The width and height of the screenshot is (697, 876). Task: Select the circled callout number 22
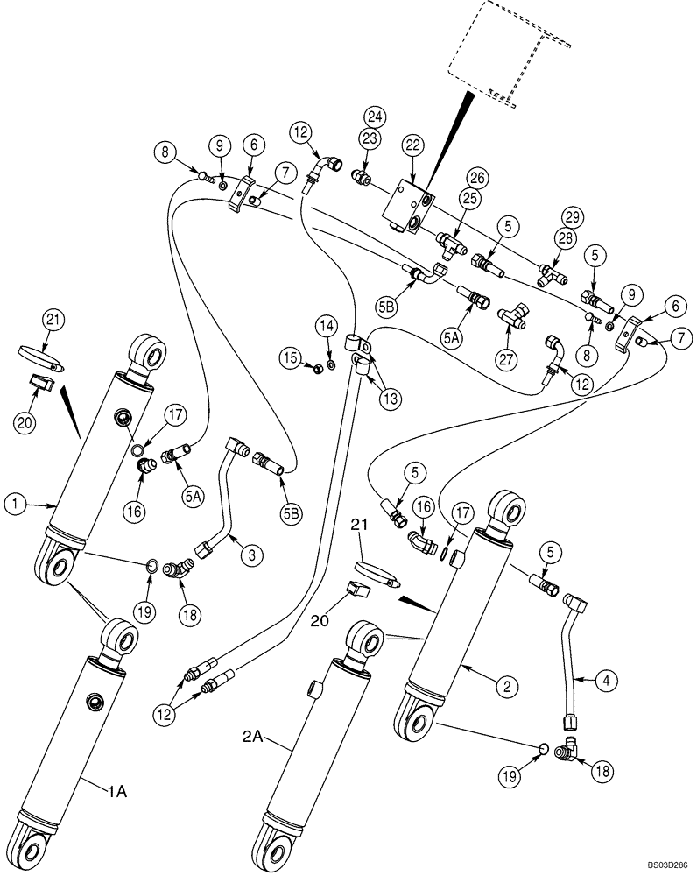412,146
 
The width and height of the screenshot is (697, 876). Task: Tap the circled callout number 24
375,116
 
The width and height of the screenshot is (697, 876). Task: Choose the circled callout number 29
570,215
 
